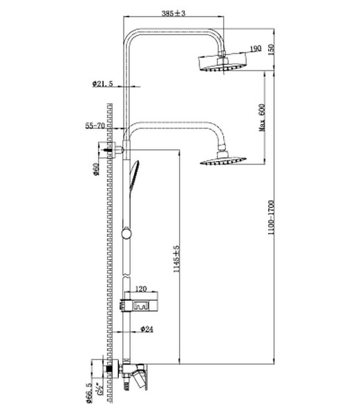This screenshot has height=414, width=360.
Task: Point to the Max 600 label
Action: click(x=263, y=117)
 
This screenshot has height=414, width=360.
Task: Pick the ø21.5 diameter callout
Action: click(x=101, y=84)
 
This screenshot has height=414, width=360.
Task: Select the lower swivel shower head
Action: click(x=220, y=162)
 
